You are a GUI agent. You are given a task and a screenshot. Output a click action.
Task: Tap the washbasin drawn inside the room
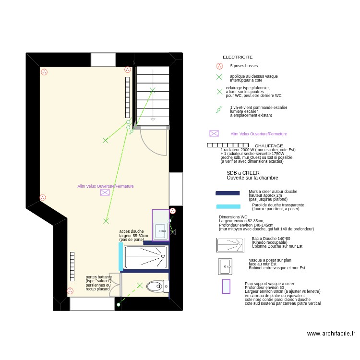pos(160,231)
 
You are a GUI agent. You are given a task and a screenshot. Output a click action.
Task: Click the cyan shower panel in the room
pos(120,252)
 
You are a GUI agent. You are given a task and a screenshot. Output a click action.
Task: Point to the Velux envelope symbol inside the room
pos(105,192)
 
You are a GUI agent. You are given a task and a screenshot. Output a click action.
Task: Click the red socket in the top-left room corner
pos(44,72)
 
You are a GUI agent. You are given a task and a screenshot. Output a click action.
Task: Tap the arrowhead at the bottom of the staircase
pos(153,119)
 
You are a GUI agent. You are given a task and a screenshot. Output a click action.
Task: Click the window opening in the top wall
pos(103,60)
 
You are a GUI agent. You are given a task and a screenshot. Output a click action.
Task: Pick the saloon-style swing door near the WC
pos(116,284)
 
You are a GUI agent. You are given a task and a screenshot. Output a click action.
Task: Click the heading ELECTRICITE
pos(237,57)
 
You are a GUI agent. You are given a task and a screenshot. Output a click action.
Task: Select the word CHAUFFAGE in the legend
pos(268,146)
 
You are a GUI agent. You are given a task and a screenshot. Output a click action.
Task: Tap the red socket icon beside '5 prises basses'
pos(219,66)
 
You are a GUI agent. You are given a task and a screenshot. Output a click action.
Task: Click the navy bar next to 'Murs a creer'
pos(228,193)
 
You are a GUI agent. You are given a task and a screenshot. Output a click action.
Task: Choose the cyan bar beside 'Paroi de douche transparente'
pos(228,207)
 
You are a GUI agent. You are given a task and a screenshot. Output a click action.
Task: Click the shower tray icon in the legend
pos(230,245)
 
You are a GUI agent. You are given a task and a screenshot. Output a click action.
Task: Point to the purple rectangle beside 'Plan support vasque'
pos(226,287)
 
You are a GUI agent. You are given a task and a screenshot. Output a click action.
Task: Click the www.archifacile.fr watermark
pos(331,334)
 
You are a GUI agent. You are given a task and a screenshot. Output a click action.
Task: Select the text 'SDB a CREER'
pos(243,173)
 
